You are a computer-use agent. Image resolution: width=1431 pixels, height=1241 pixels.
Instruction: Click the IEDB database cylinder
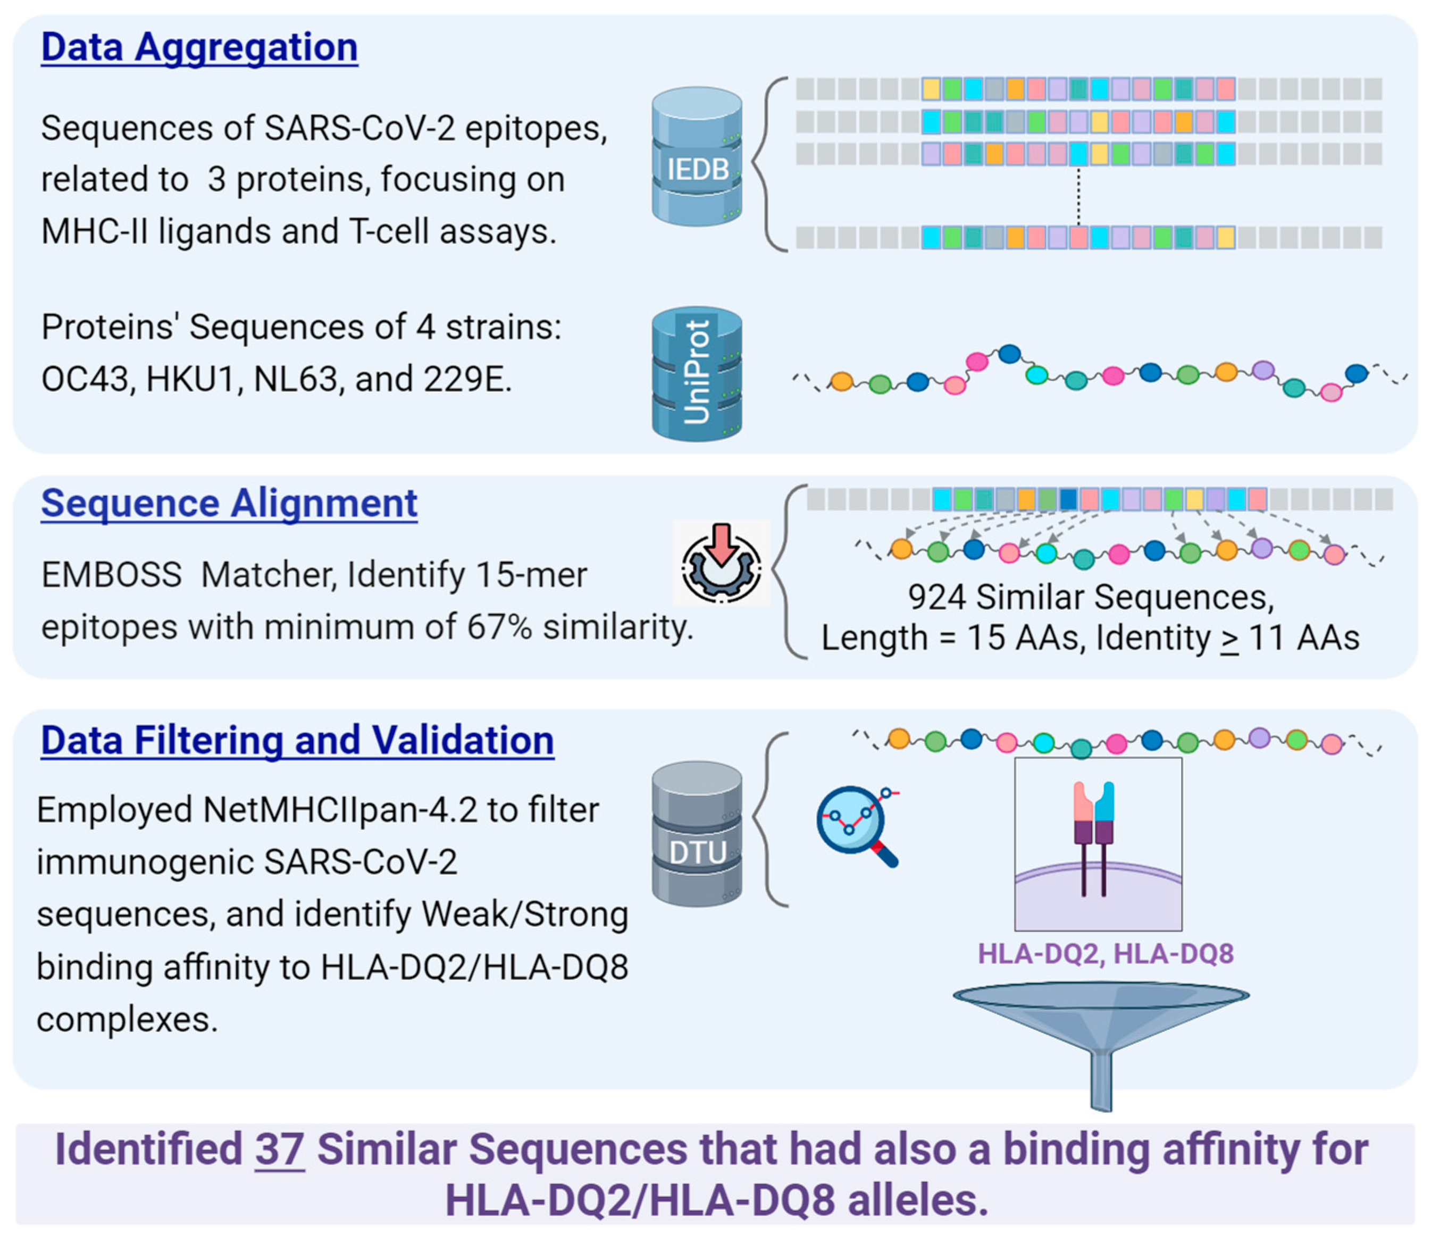pyautogui.click(x=697, y=156)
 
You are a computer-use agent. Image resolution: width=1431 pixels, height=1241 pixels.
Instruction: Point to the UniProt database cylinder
pyautogui.click(x=697, y=374)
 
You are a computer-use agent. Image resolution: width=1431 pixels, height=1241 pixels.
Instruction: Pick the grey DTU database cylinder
pyautogui.click(x=697, y=834)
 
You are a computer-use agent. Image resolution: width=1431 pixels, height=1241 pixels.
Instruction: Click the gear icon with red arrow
pyautogui.click(x=721, y=563)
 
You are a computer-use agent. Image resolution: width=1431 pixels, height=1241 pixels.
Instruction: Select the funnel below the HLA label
pyautogui.click(x=1101, y=1046)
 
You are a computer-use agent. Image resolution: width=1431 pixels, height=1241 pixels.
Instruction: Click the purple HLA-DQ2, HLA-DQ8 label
pyautogui.click(x=1106, y=953)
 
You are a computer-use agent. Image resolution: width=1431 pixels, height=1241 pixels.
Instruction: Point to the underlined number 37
pyautogui.click(x=280, y=1150)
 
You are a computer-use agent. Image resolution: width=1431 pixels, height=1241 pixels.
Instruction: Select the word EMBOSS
pyautogui.click(x=112, y=575)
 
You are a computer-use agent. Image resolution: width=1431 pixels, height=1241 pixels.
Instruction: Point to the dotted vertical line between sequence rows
pyautogui.click(x=1078, y=196)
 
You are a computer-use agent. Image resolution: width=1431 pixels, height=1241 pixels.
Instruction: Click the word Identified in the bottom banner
pyautogui.click(x=148, y=1150)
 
